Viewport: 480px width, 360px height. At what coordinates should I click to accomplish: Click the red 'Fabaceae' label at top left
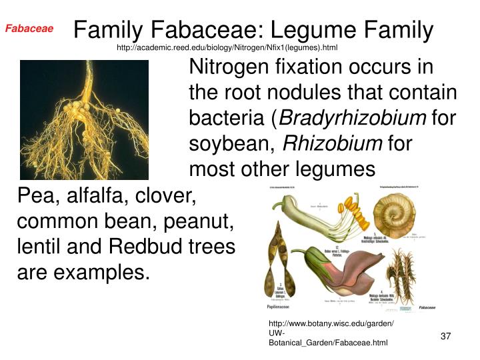coord(29,29)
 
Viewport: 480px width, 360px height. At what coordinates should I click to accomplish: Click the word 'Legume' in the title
coord(311,30)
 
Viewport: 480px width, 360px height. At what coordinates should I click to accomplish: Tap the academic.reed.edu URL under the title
coord(227,48)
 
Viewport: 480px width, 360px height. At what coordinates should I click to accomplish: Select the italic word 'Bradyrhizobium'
coord(353,119)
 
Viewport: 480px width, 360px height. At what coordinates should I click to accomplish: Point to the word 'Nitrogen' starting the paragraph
coord(230,68)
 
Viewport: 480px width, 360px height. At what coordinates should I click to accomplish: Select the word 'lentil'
coord(35,247)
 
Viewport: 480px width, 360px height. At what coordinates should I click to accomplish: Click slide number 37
coord(447,336)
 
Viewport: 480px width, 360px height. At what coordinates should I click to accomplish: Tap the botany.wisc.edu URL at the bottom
coord(331,333)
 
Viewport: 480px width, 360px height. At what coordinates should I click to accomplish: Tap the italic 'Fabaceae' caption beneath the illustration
coord(427,307)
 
